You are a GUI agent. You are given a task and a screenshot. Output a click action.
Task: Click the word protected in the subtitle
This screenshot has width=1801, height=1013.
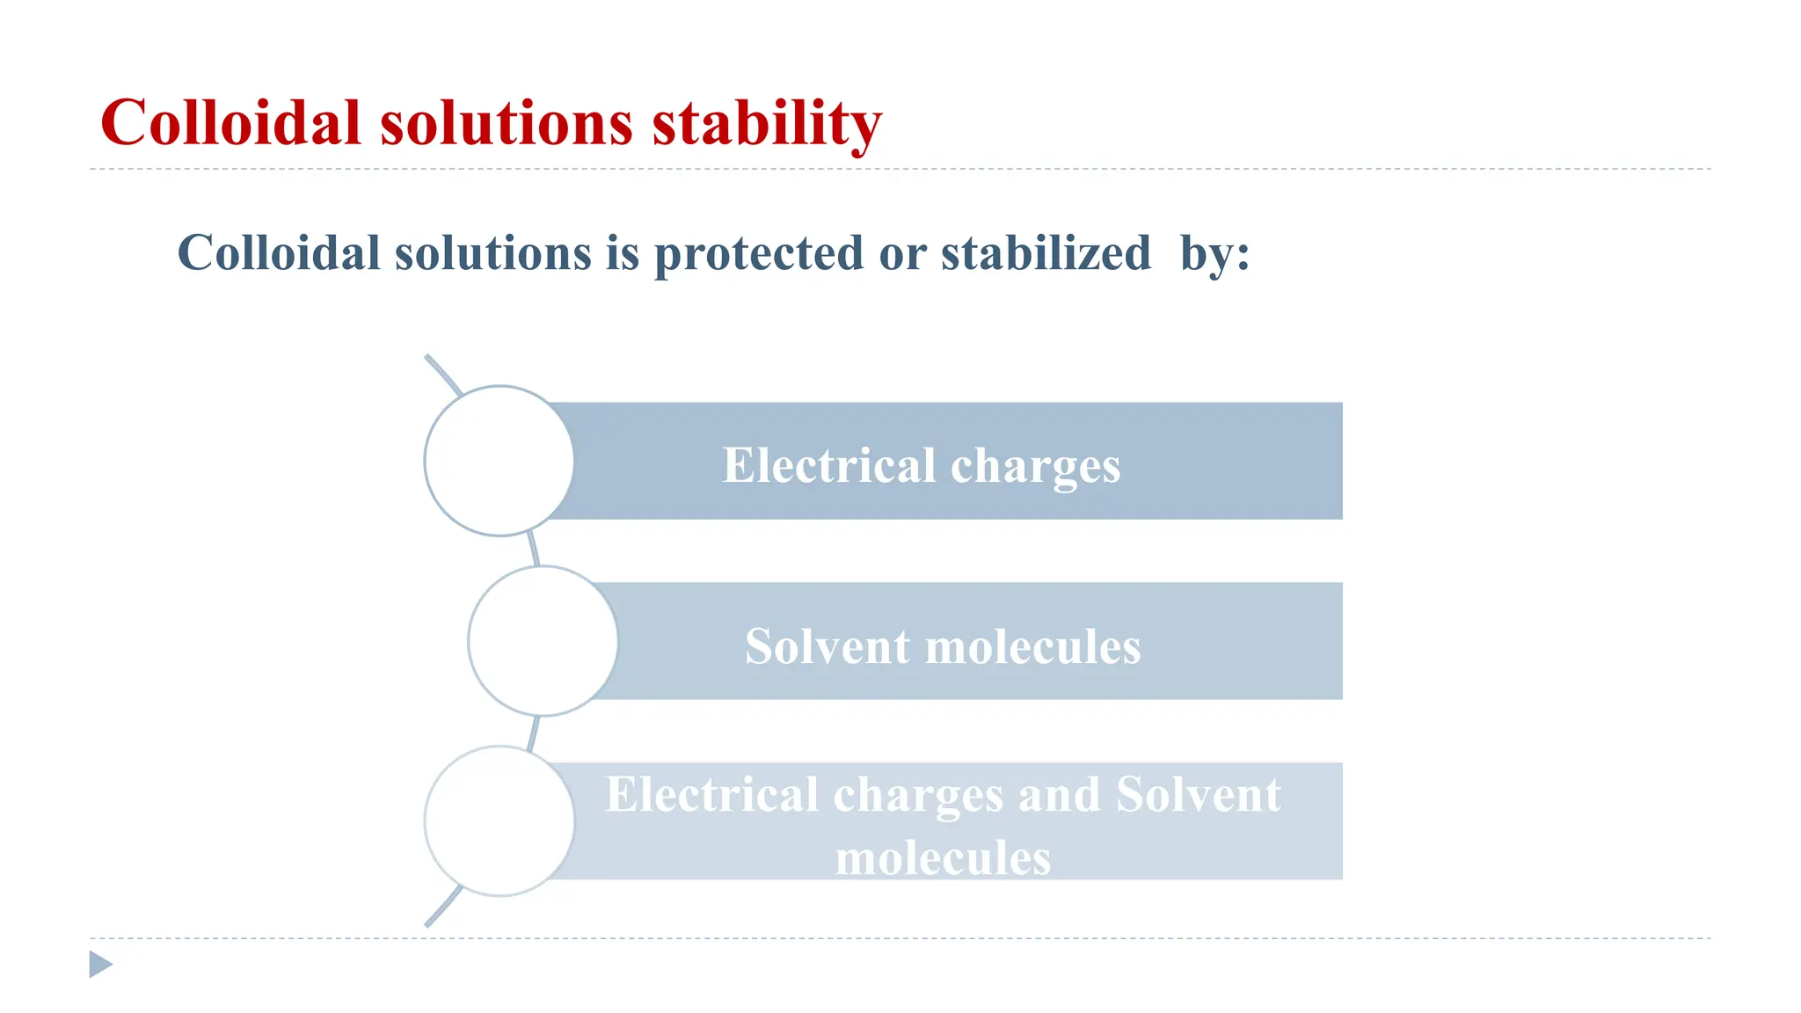(x=759, y=254)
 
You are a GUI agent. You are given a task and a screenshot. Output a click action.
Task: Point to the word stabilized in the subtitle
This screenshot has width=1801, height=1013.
(x=1046, y=254)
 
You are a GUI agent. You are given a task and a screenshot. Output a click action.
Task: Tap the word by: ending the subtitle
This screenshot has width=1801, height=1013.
(x=1214, y=254)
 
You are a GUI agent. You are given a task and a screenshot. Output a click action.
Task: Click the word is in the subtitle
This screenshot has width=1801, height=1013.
(x=622, y=254)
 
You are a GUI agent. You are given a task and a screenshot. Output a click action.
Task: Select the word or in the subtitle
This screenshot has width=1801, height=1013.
(x=902, y=254)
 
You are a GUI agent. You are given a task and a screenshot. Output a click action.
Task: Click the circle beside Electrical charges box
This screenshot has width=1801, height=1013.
(x=499, y=461)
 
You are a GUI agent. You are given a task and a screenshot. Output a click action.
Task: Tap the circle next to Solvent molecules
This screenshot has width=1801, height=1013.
(x=543, y=641)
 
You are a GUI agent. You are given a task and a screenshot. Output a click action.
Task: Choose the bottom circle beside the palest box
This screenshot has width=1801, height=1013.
(x=499, y=821)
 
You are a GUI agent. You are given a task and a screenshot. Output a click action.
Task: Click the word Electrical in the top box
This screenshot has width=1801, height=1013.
(x=828, y=465)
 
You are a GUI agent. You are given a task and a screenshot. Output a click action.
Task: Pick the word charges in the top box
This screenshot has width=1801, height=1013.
(x=1035, y=465)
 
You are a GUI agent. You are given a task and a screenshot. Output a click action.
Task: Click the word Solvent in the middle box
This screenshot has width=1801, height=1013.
(x=828, y=646)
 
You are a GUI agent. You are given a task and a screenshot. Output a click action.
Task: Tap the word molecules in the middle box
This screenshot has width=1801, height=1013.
(x=1033, y=646)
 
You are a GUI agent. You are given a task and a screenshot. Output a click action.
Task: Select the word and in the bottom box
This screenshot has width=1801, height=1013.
(x=1059, y=795)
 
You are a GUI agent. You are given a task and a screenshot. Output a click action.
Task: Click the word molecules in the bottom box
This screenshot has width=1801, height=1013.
(x=943, y=857)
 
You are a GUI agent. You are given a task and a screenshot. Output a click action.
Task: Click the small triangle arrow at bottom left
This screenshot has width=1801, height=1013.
(x=100, y=965)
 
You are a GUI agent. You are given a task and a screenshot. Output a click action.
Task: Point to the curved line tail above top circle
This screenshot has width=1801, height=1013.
(x=442, y=373)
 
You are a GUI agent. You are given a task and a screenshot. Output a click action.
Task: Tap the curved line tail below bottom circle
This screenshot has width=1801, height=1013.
(x=442, y=907)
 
